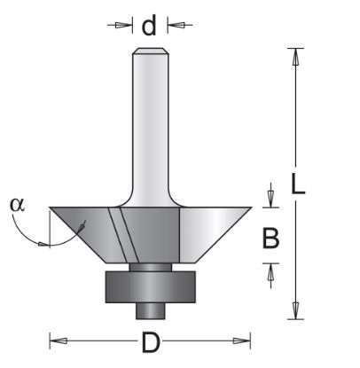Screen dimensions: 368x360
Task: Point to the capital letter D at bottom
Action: (x=150, y=341)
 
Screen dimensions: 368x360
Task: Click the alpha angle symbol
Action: (x=18, y=203)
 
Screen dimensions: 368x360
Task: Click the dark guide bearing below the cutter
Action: (x=150, y=286)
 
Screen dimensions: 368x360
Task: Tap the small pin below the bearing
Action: (x=150, y=310)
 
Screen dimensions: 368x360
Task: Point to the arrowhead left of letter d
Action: (x=124, y=26)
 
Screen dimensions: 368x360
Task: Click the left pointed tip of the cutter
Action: (x=51, y=208)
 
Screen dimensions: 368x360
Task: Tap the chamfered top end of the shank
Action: (x=150, y=51)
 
